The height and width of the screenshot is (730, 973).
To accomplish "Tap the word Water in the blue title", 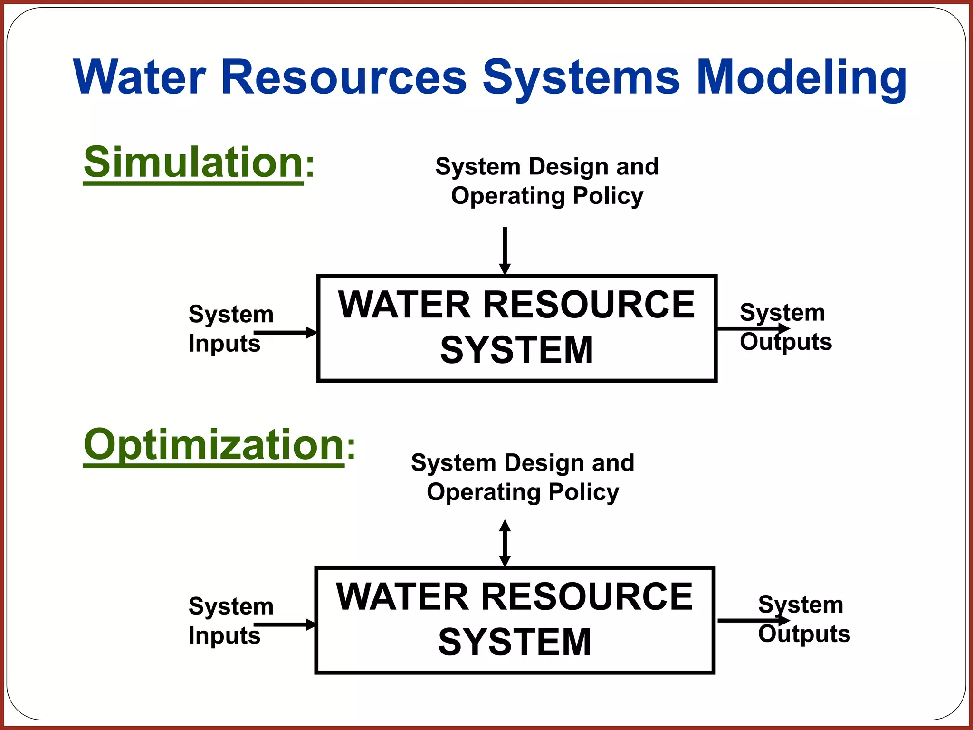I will click(x=140, y=77).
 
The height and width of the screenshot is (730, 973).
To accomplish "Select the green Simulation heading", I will click(x=193, y=163).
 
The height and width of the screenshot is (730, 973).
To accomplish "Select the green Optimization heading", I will click(x=213, y=445).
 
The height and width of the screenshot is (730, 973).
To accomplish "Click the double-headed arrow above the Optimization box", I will click(x=505, y=543).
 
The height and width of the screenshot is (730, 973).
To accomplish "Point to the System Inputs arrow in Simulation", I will click(x=286, y=333).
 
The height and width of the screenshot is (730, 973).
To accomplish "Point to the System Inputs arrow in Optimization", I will click(x=285, y=624).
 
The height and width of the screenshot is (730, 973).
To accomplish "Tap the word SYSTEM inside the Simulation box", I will click(x=516, y=350).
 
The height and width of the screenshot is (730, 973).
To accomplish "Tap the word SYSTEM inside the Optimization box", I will click(x=515, y=642).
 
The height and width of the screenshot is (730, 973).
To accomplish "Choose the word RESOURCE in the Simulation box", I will click(x=589, y=305).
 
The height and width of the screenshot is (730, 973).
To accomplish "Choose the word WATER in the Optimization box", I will click(x=402, y=597).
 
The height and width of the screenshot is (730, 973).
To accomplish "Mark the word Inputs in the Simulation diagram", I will click(x=224, y=344).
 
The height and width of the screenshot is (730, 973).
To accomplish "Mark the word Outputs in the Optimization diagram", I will click(x=804, y=634).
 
